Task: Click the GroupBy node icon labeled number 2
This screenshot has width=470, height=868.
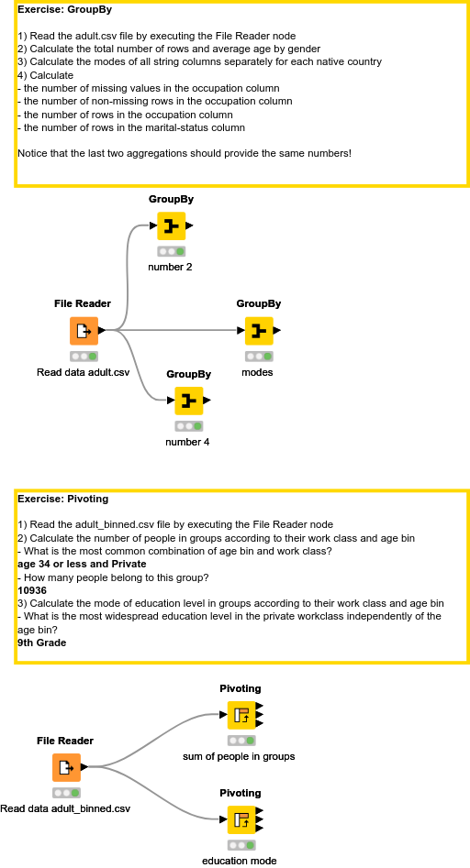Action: pos(171,225)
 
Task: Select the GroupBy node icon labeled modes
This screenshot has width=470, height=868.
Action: pos(258,330)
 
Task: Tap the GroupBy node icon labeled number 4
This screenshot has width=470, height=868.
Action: pos(188,401)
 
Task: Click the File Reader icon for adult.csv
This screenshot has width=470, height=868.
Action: pos(84,330)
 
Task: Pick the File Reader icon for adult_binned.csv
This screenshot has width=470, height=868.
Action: pos(66,767)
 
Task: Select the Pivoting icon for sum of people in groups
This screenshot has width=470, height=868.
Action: pos(241,715)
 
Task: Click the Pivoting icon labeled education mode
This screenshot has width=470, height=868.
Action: pos(241,819)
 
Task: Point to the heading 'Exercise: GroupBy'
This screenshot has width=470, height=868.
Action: pos(65,10)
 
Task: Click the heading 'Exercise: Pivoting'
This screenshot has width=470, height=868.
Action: pos(62,500)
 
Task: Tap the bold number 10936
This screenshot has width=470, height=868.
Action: pos(31,590)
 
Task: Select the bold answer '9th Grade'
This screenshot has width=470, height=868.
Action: pos(41,643)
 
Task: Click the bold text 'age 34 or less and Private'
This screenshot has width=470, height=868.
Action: pos(82,564)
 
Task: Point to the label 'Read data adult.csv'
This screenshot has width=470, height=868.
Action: pos(83,372)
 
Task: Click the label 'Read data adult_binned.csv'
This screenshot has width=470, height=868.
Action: pos(65,808)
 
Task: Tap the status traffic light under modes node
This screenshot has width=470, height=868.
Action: pos(258,356)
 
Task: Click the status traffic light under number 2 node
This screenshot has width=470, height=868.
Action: pos(171,251)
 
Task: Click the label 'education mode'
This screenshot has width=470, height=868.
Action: pos(239,861)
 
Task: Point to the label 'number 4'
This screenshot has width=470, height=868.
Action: pos(187,442)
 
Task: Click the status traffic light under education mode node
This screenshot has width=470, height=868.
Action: pos(241,845)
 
